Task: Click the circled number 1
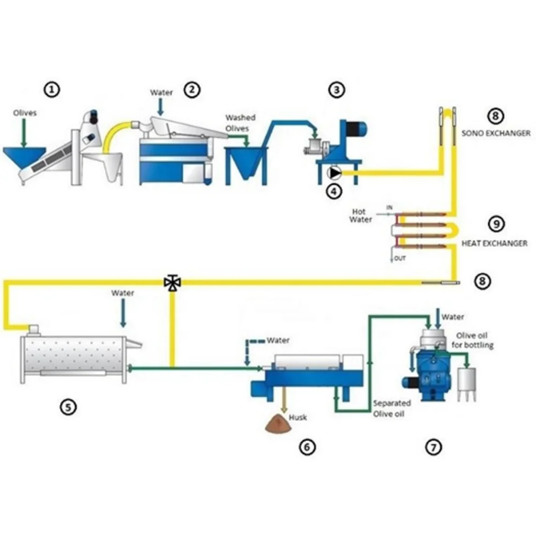point(52,90)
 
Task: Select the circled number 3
point(336,90)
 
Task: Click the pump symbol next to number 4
point(335,173)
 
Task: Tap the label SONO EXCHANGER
point(496,132)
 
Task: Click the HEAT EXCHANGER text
point(494,243)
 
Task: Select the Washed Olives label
point(240,122)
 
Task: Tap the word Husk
point(298,417)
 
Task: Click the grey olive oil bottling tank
point(467,381)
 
